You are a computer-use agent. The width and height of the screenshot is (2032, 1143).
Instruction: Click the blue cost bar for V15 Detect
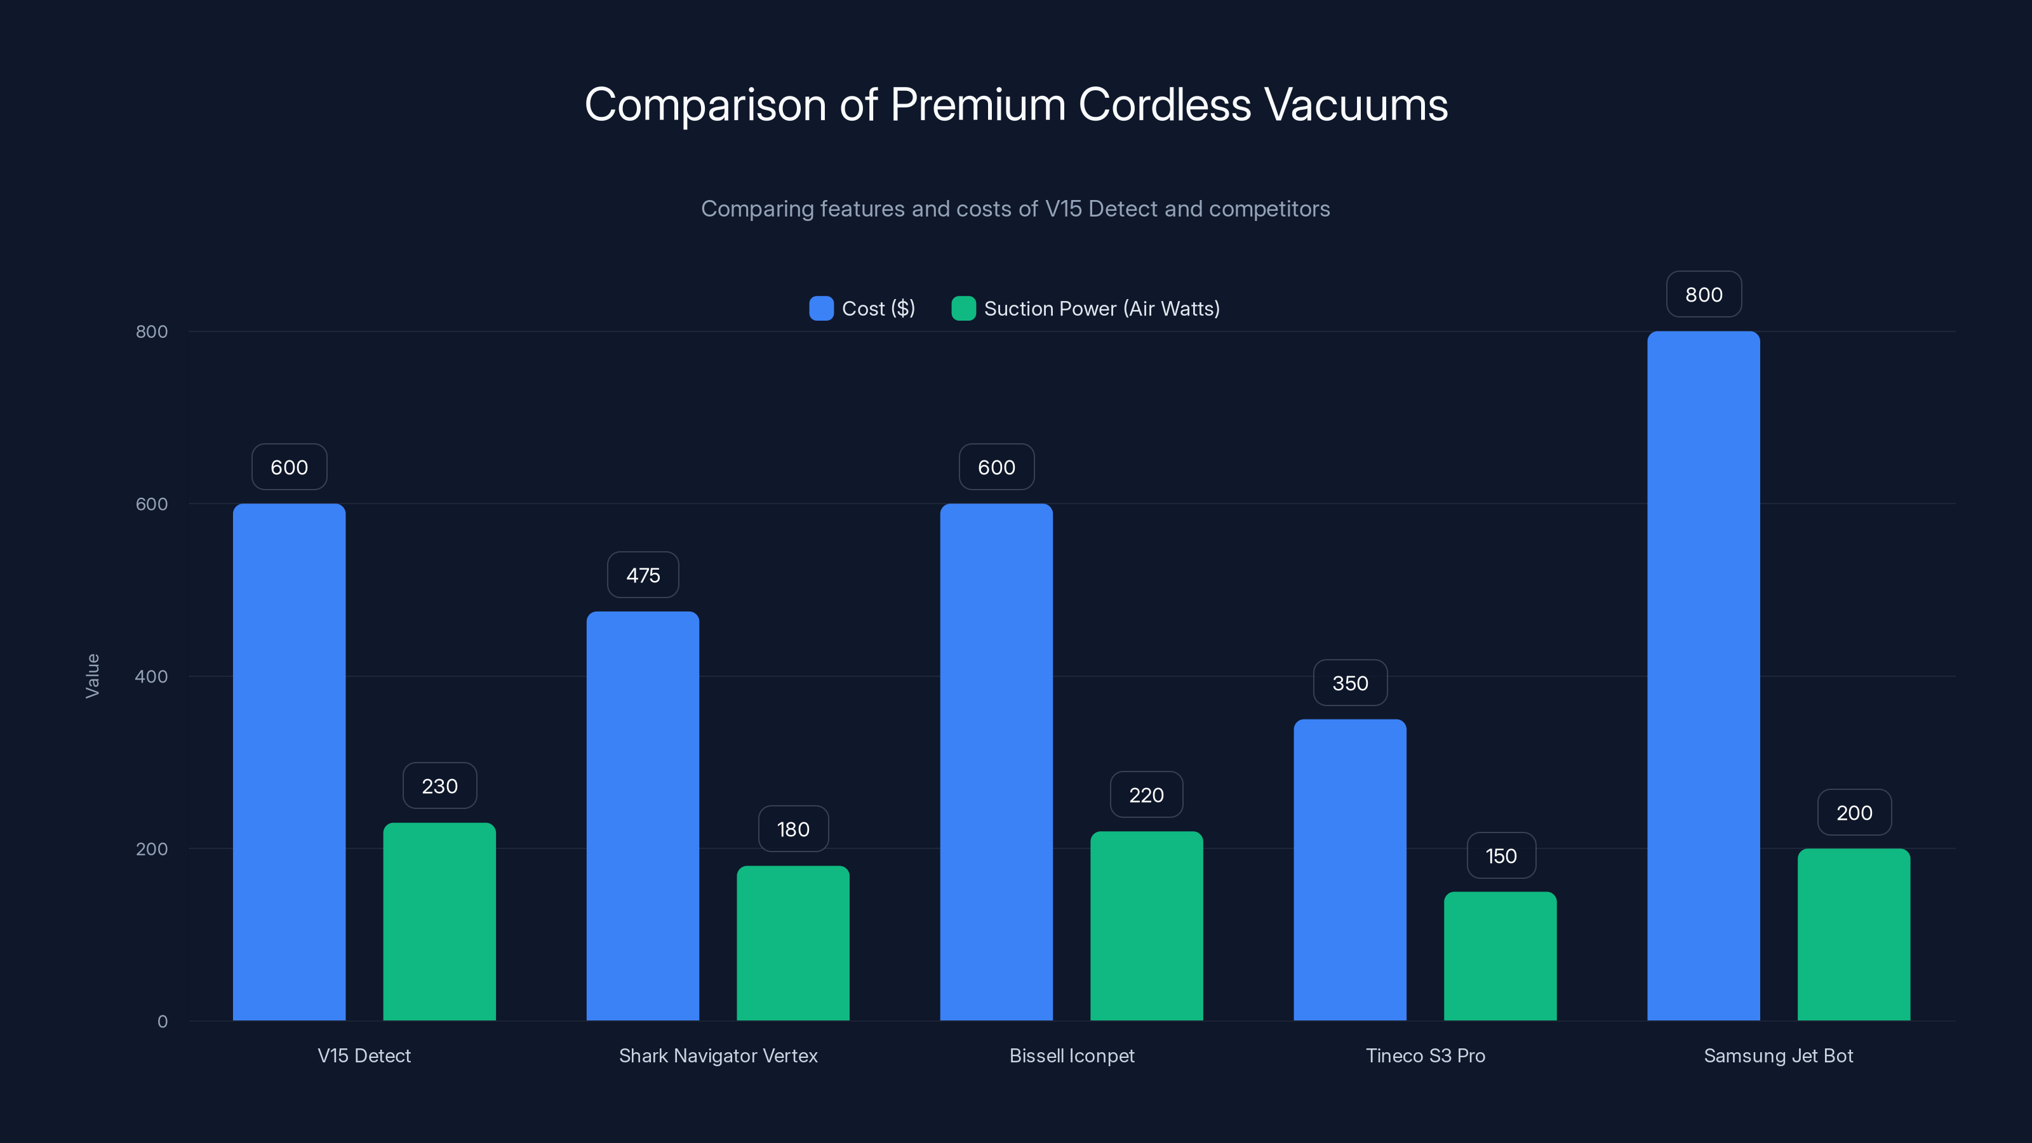point(289,761)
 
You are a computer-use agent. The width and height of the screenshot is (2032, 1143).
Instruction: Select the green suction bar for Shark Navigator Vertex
point(792,942)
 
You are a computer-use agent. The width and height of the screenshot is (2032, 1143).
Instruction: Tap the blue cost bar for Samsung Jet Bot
point(1703,675)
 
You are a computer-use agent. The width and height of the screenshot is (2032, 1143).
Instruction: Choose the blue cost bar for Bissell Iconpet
point(996,761)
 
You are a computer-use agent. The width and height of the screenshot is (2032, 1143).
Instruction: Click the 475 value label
point(643,575)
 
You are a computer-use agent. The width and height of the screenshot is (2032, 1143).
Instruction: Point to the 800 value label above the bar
point(1704,294)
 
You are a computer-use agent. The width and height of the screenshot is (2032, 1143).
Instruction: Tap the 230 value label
point(439,785)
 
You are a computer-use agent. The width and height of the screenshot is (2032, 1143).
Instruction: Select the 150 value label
point(1501,856)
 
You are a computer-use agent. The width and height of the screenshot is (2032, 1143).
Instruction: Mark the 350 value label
point(1349,683)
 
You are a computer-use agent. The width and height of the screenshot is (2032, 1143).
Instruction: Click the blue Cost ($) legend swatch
point(821,309)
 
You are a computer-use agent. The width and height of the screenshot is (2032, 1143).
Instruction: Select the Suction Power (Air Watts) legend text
point(1101,309)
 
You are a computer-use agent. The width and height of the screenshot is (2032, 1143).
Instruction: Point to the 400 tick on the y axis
point(152,676)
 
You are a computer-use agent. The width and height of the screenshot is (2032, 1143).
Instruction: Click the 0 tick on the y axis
point(163,1022)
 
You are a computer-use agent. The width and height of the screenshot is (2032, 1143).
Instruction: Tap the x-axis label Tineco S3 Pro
point(1426,1055)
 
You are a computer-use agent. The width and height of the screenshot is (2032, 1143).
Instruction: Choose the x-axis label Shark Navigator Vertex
point(718,1055)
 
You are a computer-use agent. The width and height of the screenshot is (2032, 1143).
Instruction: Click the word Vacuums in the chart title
point(1355,105)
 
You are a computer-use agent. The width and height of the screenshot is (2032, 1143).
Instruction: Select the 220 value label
point(1146,795)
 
